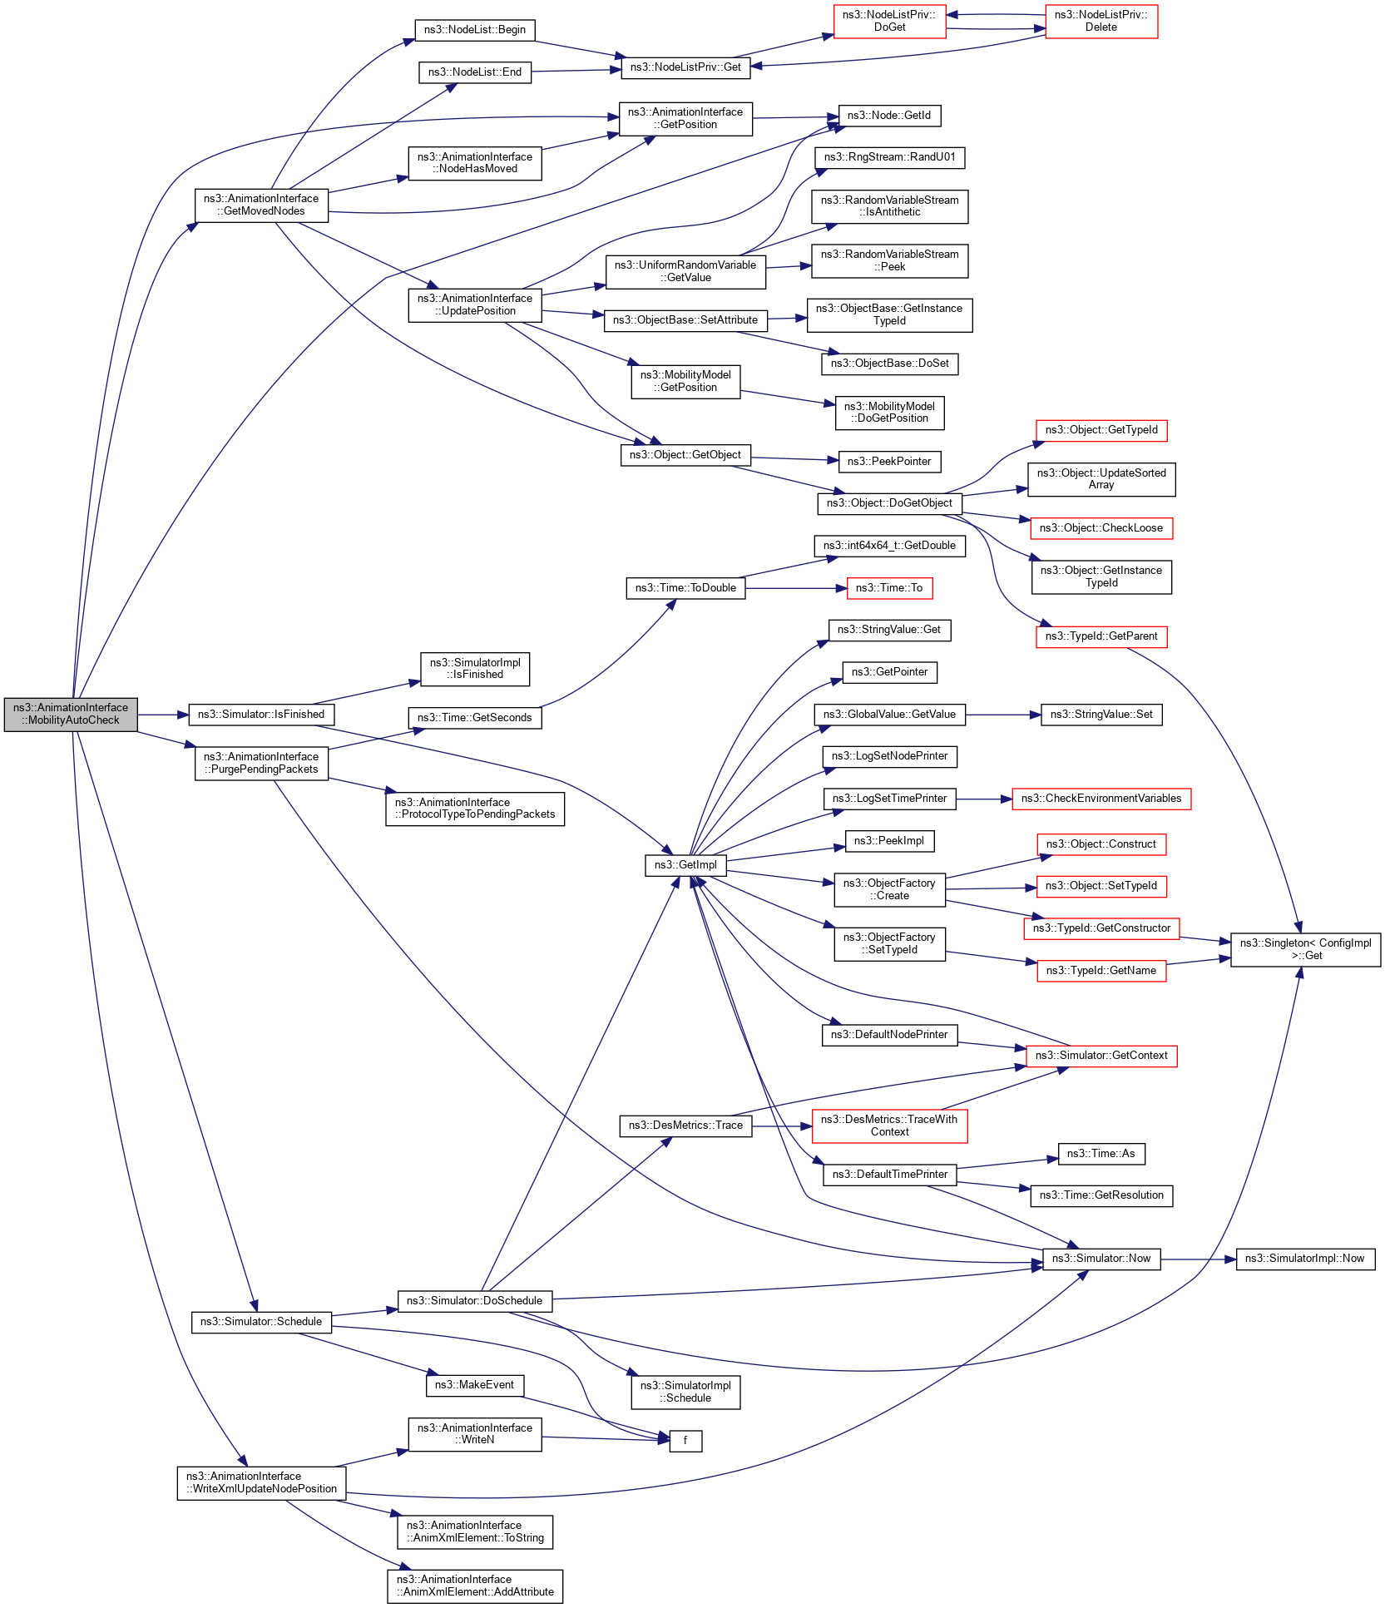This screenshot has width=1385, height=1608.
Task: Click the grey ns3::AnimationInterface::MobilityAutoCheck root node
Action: tap(71, 714)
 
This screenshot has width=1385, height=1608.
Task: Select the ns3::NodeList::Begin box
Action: tap(474, 30)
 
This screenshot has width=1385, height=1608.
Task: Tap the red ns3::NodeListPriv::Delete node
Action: tap(1101, 21)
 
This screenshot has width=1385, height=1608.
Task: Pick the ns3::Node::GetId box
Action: tap(888, 116)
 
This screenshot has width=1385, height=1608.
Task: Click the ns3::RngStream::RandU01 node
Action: tap(889, 157)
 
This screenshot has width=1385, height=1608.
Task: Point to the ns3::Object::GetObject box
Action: tap(685, 455)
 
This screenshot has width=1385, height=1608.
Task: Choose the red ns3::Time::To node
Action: tap(888, 588)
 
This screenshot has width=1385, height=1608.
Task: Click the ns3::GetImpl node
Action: tap(685, 865)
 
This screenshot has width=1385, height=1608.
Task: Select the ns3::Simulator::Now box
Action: tap(1101, 1259)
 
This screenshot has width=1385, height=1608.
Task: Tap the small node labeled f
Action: tap(685, 1440)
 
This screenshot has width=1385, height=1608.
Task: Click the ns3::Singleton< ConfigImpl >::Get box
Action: tap(1304, 949)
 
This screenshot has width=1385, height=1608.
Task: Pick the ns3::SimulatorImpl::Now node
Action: tap(1304, 1259)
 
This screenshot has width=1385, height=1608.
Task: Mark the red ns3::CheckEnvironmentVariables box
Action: tap(1101, 799)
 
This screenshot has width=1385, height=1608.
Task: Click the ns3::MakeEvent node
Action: tap(474, 1385)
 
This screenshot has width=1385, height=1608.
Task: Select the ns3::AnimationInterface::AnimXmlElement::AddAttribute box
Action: tap(474, 1586)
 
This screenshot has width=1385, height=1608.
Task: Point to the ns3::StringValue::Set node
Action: tap(1101, 715)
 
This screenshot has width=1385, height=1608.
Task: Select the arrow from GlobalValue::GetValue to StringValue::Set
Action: tap(1002, 715)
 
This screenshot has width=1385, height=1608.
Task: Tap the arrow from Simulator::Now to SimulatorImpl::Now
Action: tap(1198, 1259)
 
